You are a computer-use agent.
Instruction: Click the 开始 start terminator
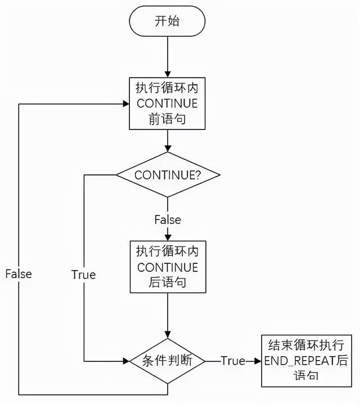pos(168,21)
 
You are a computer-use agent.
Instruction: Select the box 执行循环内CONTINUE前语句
pos(168,104)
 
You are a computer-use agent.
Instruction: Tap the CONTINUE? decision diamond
pos(168,174)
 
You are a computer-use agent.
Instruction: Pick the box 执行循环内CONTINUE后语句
pos(168,267)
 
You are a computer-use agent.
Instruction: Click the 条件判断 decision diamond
pos(168,361)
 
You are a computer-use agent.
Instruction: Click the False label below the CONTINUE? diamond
pos(168,219)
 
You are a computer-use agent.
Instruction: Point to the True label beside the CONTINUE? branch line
pos(83,275)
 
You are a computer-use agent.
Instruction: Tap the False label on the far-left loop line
pos(19,274)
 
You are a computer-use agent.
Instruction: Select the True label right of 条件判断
pos(232,361)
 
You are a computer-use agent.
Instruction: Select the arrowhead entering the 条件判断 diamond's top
pos(168,335)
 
